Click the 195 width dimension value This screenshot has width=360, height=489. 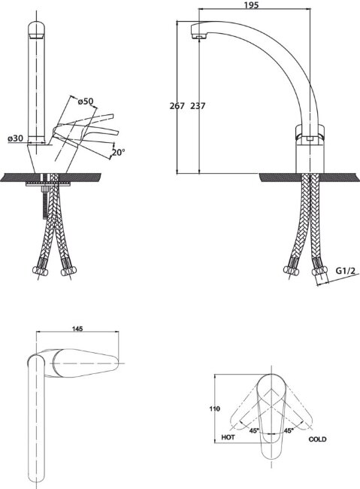coord(251,5)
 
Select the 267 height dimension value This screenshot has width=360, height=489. coord(177,106)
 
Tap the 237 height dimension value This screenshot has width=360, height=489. coord(198,106)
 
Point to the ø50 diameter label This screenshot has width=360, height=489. coord(85,102)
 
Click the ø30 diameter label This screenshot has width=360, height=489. coord(16,138)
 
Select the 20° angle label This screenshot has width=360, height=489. coord(119,153)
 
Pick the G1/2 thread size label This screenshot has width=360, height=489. coord(346,270)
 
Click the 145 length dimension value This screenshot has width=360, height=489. coord(77,329)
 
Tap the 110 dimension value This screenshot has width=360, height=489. coord(215,409)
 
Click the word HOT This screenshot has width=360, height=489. coord(228,437)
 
